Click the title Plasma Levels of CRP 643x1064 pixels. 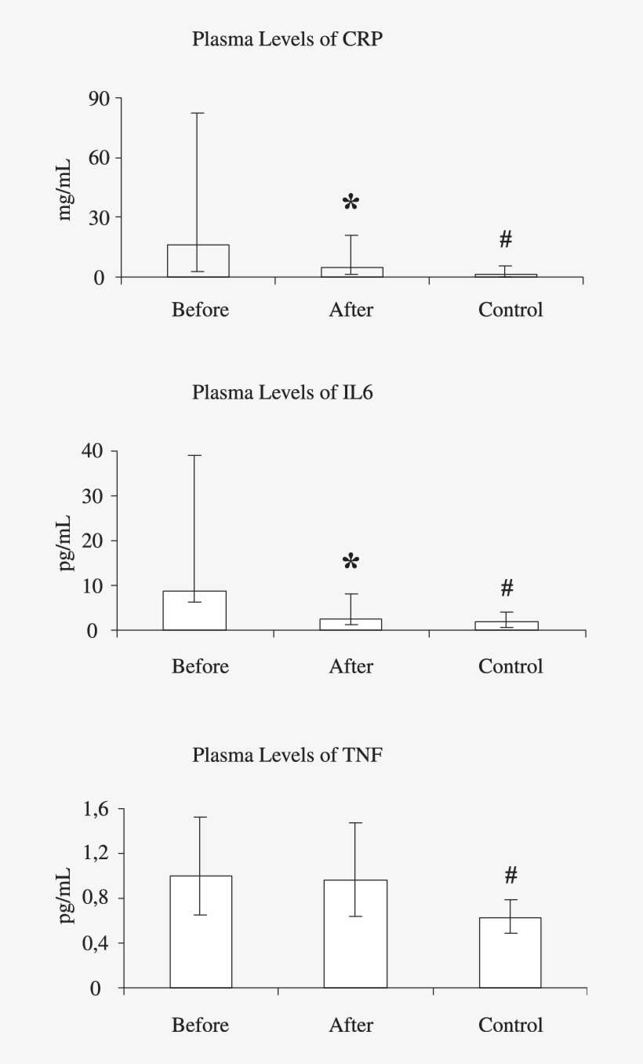coord(287,40)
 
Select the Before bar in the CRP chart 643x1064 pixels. coord(198,261)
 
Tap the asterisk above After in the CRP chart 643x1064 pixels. coord(351,203)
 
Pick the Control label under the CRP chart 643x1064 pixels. coord(510,309)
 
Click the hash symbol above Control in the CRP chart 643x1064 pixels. coord(506,239)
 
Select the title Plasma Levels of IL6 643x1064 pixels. coord(282,392)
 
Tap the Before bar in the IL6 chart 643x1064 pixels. coord(194,610)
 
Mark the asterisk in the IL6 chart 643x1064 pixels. coord(351,562)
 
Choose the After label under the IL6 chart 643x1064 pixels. coord(351,666)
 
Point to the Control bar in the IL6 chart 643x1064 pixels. coord(507,625)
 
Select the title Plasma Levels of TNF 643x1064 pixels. coord(287,756)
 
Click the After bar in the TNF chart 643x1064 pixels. coord(356,934)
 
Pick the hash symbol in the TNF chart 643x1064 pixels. coord(510,875)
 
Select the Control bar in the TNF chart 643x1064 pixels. coord(510,953)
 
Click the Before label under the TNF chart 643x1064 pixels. coord(200,1025)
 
